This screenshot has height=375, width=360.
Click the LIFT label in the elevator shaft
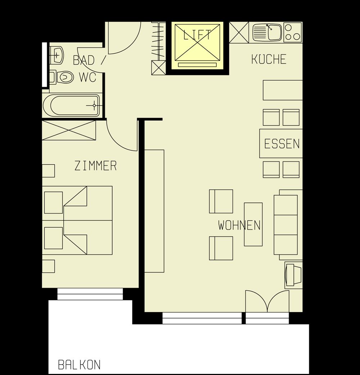[x=197, y=35]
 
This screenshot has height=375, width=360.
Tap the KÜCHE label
[x=269, y=59]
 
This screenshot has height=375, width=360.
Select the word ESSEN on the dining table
[x=282, y=144]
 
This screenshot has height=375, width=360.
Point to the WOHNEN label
[x=239, y=225]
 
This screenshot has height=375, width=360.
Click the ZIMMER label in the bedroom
[x=96, y=166]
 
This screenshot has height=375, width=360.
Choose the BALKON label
[x=79, y=365]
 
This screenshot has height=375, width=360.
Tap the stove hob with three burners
[x=293, y=32]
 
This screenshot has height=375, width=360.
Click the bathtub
[x=72, y=106]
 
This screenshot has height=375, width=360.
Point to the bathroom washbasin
[x=57, y=55]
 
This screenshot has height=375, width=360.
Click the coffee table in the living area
[x=253, y=224]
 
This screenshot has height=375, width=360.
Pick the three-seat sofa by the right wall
[x=286, y=225]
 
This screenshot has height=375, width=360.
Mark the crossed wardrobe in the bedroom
[x=69, y=130]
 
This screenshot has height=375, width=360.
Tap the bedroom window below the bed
[x=90, y=294]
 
